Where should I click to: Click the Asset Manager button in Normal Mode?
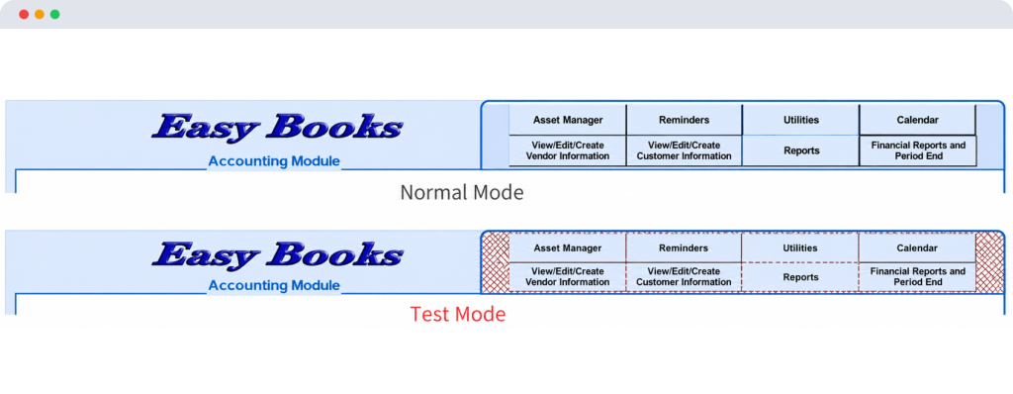568,120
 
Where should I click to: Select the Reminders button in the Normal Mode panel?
685,120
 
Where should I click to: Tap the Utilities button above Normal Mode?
801,120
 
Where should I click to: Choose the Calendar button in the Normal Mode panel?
917,120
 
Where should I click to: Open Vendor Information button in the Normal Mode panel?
568,150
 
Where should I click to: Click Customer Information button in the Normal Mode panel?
685,150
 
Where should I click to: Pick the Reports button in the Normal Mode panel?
801,150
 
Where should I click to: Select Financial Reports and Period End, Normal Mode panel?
917,150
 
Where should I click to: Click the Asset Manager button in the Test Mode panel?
567,247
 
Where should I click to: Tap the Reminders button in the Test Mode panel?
684,247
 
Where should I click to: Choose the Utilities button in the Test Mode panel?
799,247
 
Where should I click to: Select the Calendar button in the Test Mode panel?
917,247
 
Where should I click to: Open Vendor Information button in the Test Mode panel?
567,277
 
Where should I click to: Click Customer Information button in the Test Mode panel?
684,277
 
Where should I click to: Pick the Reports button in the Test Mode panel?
799,277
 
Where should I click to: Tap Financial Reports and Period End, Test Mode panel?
917,277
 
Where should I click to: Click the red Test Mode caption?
458,315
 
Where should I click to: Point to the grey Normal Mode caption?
462,192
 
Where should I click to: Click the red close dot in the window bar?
24,14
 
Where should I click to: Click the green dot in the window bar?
55,14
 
